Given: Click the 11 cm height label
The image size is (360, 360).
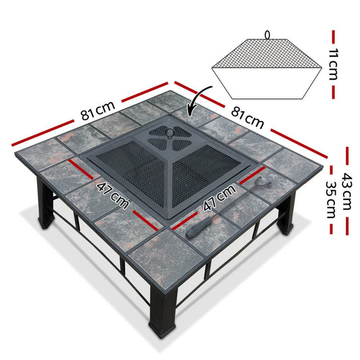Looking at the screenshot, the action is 333,64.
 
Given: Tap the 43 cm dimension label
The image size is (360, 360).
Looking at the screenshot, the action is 346,191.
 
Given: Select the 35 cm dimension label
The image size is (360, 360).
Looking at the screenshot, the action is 331,200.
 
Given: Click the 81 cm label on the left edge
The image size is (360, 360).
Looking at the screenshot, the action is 97,111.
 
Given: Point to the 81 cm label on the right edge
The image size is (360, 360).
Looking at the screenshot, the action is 247,118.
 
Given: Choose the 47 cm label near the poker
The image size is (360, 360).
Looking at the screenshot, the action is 220,197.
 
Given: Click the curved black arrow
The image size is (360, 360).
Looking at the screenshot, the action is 197,99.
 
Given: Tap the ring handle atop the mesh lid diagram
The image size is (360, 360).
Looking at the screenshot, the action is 267,35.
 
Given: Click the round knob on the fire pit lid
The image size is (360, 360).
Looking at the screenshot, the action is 170,132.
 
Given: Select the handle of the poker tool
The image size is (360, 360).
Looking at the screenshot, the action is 199,228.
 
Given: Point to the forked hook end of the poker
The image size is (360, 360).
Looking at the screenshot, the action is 263,181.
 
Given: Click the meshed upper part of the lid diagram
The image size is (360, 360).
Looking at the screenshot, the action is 267,54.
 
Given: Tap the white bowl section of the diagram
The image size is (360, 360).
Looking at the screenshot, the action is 267,83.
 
